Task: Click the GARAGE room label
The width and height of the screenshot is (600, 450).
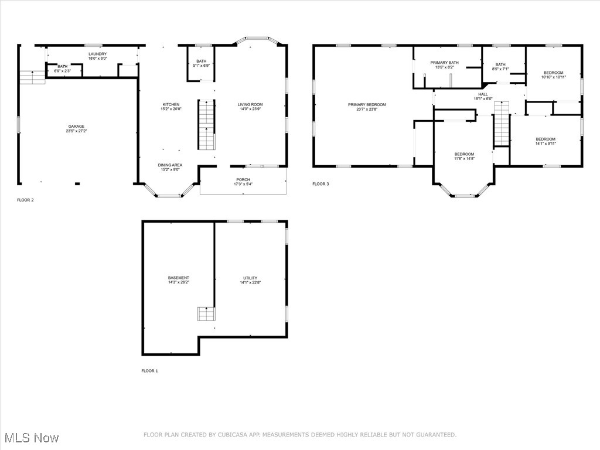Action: (x=77, y=127)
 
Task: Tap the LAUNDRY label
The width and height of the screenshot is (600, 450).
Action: (x=98, y=54)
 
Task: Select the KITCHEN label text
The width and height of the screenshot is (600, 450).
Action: (x=171, y=104)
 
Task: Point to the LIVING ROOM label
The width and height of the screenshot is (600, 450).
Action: (x=250, y=104)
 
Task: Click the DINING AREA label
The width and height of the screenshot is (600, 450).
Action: (x=171, y=165)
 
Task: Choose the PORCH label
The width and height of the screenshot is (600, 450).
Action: (x=243, y=179)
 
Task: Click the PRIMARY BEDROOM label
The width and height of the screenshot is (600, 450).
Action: (x=367, y=104)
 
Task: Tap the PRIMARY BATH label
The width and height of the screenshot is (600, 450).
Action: (x=445, y=63)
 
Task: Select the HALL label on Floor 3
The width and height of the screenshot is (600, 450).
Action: (x=483, y=94)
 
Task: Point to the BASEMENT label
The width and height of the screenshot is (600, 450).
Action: (x=179, y=278)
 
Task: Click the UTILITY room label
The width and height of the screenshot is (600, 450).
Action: (x=251, y=278)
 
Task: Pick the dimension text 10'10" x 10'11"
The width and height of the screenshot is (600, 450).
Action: (x=554, y=77)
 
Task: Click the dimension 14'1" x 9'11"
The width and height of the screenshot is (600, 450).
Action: (x=546, y=144)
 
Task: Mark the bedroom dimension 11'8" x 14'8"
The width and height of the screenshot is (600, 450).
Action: (x=465, y=158)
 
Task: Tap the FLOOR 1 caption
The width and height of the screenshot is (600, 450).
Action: (x=149, y=371)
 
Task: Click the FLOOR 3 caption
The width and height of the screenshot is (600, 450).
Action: (x=321, y=184)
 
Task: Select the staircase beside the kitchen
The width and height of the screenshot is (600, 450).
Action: (x=207, y=125)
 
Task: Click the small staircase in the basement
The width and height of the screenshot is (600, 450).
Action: (x=206, y=314)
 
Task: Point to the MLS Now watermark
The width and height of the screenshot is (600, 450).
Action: (x=32, y=438)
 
